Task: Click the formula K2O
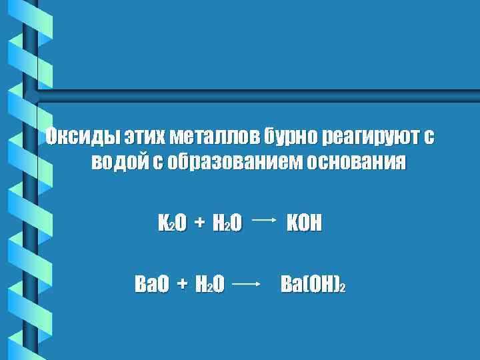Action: tap(172, 223)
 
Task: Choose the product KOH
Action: tap(303, 223)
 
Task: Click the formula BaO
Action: tap(151, 285)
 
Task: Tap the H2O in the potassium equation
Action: tap(227, 223)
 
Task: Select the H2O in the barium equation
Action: tap(210, 285)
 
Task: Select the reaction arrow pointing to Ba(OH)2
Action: tap(248, 285)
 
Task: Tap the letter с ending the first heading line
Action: tap(429, 138)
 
